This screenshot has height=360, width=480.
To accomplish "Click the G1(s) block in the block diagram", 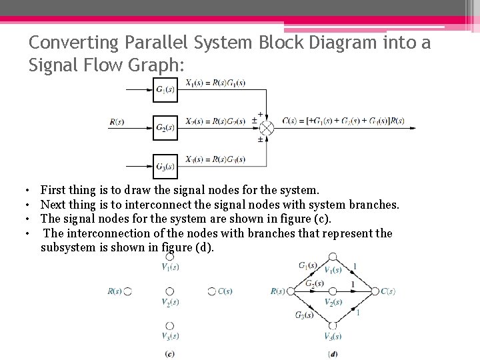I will click(165, 90).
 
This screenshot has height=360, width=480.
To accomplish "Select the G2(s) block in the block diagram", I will click(165, 127).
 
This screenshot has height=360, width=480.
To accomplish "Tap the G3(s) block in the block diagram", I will click(165, 166).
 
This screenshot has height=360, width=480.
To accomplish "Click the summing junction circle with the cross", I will click(266, 127).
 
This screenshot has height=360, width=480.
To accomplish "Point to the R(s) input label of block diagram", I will click(117, 122).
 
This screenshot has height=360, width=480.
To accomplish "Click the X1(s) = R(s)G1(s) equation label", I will click(215, 83).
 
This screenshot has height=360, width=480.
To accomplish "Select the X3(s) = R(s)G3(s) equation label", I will click(215, 159).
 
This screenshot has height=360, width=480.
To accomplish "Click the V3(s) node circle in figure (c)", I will click(170, 326).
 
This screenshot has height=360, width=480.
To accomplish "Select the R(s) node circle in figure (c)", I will click(128, 291).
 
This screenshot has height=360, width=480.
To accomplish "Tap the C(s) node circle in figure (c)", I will click(211, 291).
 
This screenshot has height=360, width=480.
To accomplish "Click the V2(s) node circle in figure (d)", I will click(333, 291).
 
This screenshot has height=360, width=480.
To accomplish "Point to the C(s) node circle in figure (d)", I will click(375, 291).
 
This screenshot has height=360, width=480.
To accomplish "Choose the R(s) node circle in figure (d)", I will click(291, 291).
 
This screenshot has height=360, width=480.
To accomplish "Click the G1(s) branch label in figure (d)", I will click(308, 265).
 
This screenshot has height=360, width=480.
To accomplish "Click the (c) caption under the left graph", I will click(170, 353).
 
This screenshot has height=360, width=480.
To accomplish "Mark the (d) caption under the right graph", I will click(333, 353).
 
